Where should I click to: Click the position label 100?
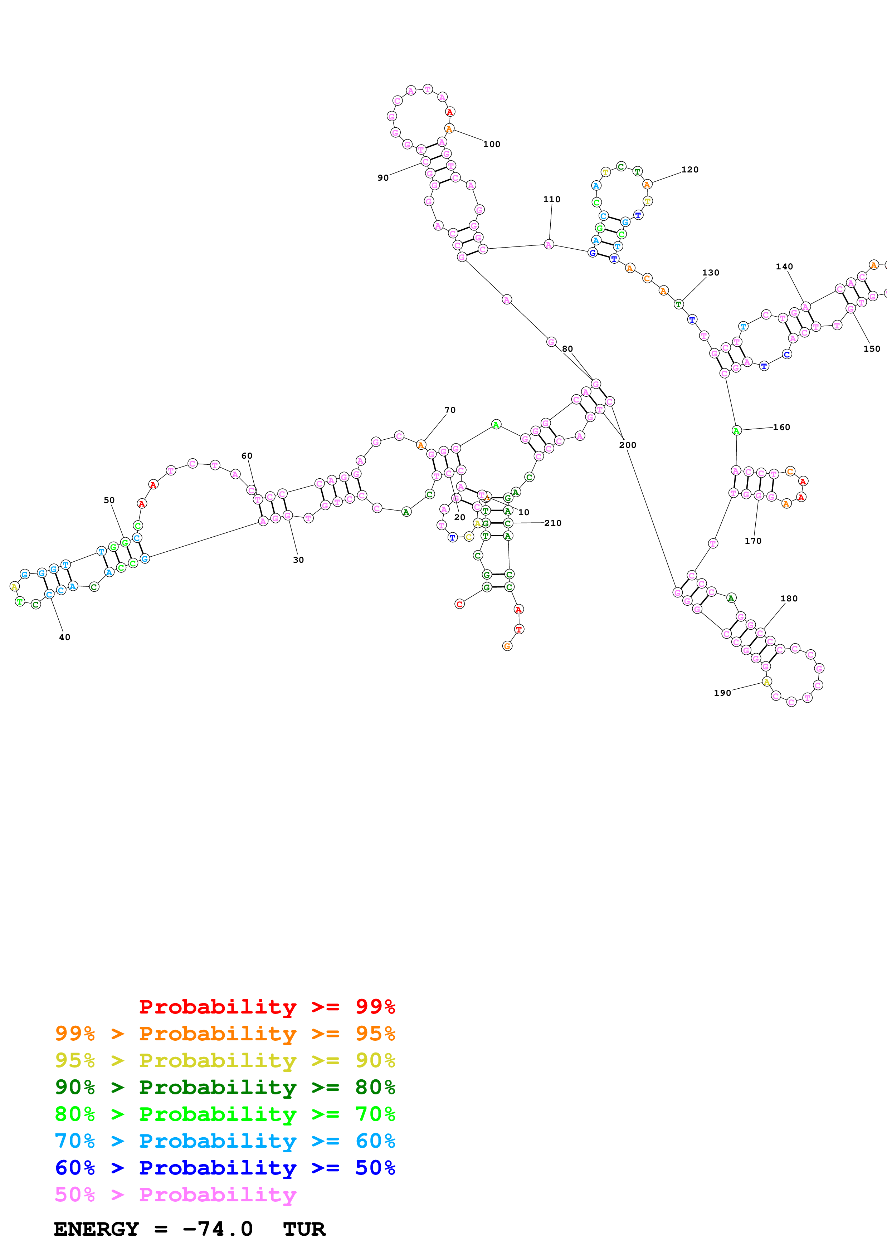coord(491,144)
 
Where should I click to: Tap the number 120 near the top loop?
coord(690,170)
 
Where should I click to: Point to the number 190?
coord(722,693)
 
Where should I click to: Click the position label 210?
coord(552,523)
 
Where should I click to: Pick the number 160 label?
coord(781,428)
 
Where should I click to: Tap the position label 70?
coord(450,410)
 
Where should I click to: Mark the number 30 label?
coord(298,560)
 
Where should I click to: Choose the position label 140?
coord(784,267)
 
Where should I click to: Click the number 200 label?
coord(627,445)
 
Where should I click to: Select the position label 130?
coord(711,273)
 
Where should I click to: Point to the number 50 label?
coord(109,500)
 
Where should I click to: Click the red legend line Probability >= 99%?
coord(267,1007)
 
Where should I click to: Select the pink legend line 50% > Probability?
coord(175,1194)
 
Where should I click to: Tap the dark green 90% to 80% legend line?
coord(225,1087)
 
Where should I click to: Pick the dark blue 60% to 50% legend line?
coord(225,1168)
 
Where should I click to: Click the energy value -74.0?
coord(218,1229)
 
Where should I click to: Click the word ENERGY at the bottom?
coord(96,1229)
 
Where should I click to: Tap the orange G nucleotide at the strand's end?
coord(507,646)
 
